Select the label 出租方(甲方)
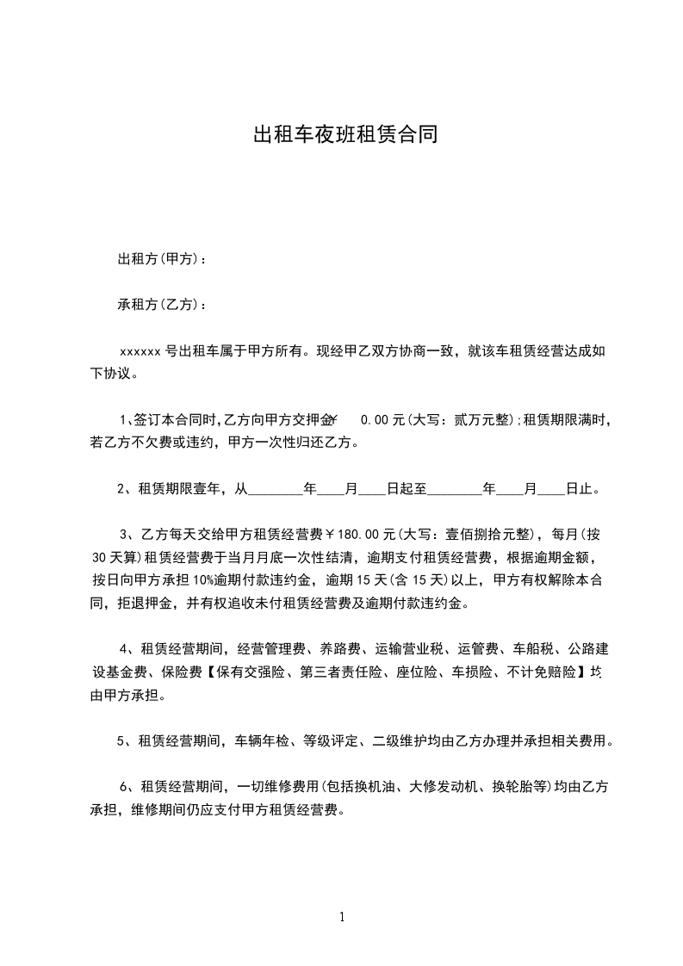[x=158, y=259]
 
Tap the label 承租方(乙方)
[x=158, y=305]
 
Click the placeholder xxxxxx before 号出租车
[x=140, y=351]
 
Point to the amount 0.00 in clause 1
[x=375, y=420]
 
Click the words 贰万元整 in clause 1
[x=478, y=420]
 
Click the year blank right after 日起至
[x=455, y=488]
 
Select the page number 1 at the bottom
[x=342, y=917]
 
